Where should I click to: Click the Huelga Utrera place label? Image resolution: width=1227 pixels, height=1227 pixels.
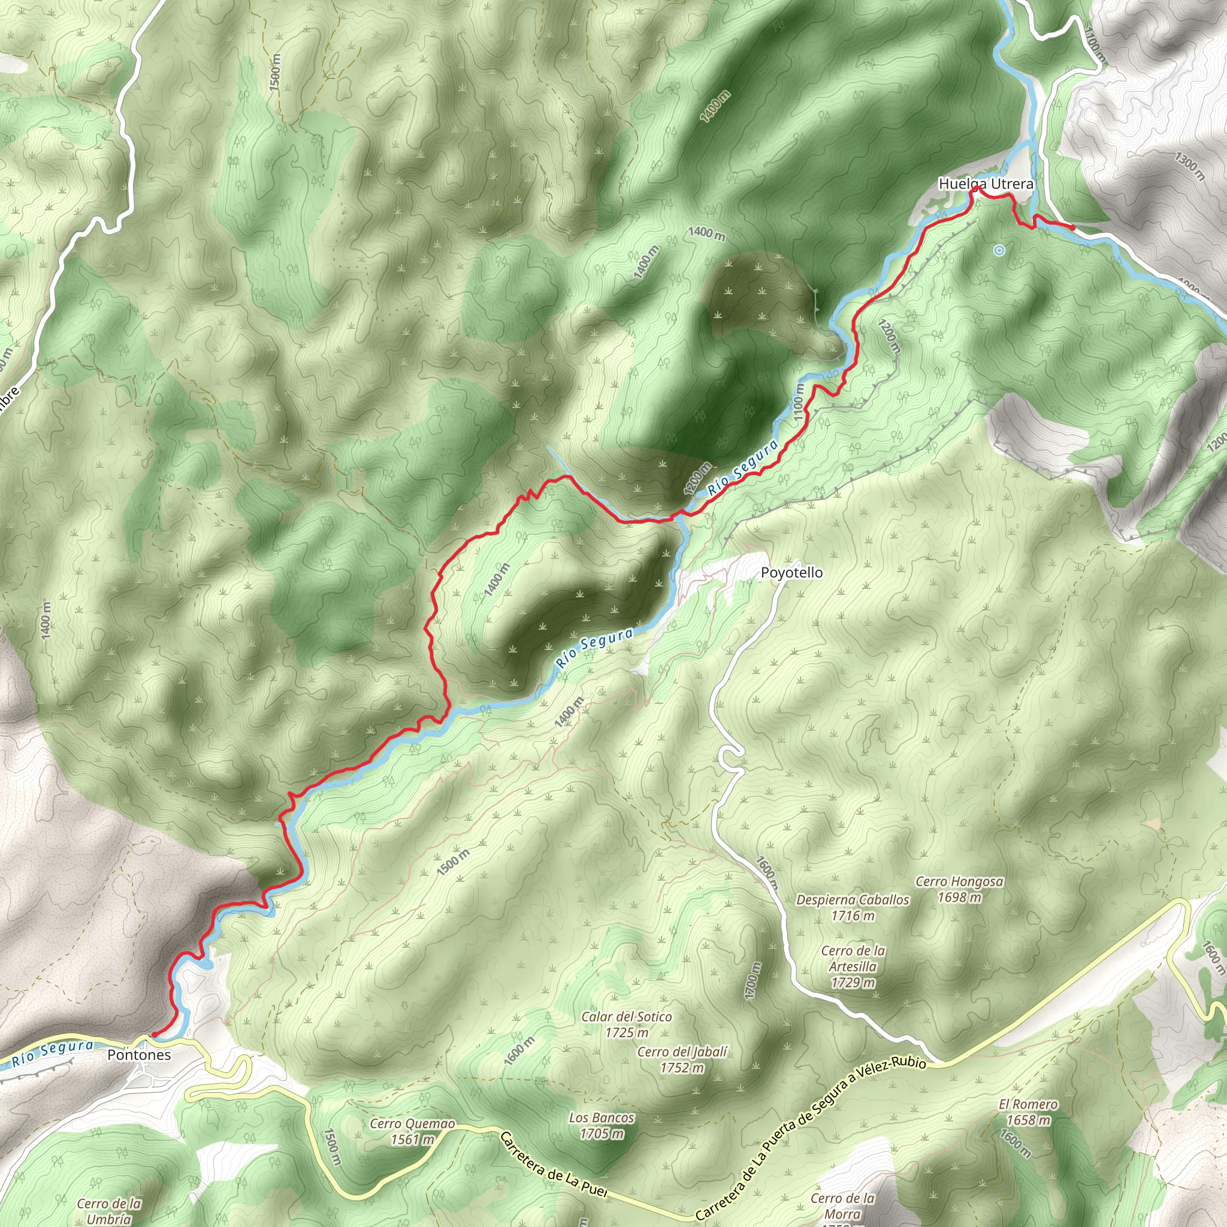coord(986,184)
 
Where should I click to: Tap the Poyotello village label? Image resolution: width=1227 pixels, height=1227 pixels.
coord(791,573)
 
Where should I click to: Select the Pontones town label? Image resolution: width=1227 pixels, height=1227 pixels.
coord(139,1055)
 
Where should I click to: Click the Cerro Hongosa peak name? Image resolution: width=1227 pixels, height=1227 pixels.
coord(959,881)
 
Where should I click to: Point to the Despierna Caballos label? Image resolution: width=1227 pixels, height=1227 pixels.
coord(853,900)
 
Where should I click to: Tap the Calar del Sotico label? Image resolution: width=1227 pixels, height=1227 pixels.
coord(626,1017)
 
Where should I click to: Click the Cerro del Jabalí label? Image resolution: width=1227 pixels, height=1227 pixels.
coord(681,1052)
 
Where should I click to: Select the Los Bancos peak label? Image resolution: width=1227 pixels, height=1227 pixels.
coord(602,1118)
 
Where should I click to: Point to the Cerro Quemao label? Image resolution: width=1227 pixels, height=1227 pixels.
coord(412,1124)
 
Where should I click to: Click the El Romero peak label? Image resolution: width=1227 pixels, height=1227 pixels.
coord(1027,1104)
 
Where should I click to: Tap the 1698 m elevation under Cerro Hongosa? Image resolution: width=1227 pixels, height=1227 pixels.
coord(959,897)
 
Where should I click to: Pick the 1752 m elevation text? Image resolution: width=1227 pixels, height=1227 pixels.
coord(681,1068)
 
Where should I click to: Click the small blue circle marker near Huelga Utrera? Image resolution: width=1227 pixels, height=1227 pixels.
coord(999,251)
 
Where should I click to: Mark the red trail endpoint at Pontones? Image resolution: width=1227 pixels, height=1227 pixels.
coord(155,1035)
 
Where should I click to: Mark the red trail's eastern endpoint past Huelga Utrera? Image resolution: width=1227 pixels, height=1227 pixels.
coord(1072,226)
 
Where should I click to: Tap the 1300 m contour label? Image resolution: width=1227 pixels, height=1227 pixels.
coord(1188,167)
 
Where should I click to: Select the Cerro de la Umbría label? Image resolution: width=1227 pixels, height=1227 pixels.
coord(109,1211)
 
